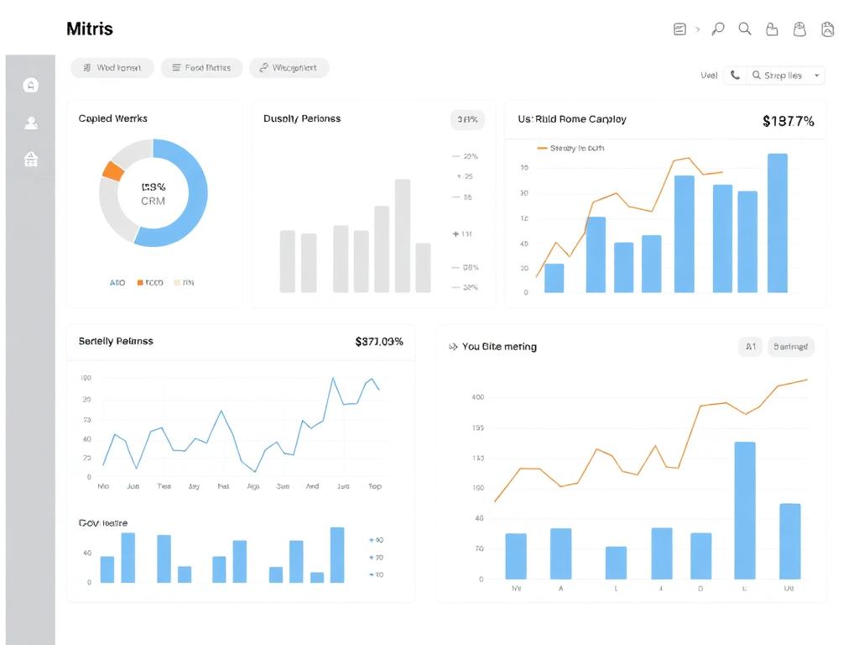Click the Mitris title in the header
click(x=89, y=29)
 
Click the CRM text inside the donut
click(x=153, y=202)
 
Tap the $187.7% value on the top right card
click(x=788, y=121)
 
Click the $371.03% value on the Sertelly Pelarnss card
click(x=379, y=342)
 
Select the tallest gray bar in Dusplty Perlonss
click(x=403, y=235)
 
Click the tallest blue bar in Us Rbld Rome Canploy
click(x=777, y=223)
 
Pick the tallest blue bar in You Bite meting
click(x=744, y=510)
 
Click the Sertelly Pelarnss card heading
click(x=116, y=342)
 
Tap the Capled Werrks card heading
click(x=112, y=119)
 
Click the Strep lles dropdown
click(x=788, y=76)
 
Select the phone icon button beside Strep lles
click(x=735, y=76)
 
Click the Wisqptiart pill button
click(x=289, y=68)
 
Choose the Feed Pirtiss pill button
click(x=201, y=68)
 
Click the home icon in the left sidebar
click(x=31, y=85)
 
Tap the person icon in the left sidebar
click(x=31, y=123)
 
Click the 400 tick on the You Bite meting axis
click(x=478, y=397)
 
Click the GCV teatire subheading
click(x=103, y=523)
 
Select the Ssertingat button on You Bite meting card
click(x=790, y=346)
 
